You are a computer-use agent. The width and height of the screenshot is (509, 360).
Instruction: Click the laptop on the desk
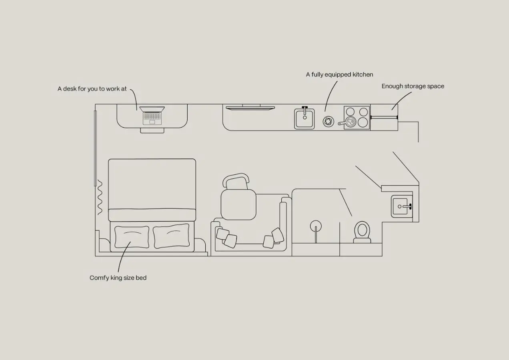point(152,116)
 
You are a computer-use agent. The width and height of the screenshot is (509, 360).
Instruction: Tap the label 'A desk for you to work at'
point(92,89)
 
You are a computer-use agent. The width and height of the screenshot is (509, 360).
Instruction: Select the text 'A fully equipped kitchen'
point(339,75)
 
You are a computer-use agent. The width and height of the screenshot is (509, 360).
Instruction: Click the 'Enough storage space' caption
point(413,86)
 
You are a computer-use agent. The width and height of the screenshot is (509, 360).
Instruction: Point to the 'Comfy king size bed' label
point(118,278)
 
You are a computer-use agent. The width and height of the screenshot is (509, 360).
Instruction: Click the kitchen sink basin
point(305,119)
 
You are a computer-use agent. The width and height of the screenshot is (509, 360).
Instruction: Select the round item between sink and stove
point(329,122)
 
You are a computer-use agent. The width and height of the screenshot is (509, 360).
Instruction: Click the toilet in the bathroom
point(362,232)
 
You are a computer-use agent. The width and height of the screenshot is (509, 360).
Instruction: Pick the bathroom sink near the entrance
point(402,206)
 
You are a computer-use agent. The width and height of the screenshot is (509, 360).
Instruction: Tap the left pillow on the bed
point(132,237)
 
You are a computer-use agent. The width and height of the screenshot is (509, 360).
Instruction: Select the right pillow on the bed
point(171,236)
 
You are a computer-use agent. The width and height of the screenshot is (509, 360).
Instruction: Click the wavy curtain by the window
point(100,197)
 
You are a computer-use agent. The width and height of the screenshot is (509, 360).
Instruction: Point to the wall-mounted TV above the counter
point(250,108)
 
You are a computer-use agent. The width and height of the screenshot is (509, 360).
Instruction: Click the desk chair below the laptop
point(152,130)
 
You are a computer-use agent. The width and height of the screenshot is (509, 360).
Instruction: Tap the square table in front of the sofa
point(238,204)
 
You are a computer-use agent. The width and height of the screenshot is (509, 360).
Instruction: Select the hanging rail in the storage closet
point(384,118)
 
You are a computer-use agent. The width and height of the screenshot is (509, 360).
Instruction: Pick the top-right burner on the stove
point(364,112)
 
